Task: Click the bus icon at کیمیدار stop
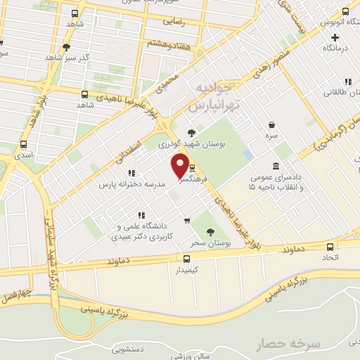pyautogui.click(x=186, y=258)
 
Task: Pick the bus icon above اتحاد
pyautogui.click(x=330, y=247)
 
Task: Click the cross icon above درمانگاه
pyautogui.click(x=335, y=38)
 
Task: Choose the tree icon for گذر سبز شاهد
pyautogui.click(x=66, y=48)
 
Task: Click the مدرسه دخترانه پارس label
pyautogui.click(x=131, y=184)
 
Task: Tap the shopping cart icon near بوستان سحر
pyautogui.click(x=186, y=220)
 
